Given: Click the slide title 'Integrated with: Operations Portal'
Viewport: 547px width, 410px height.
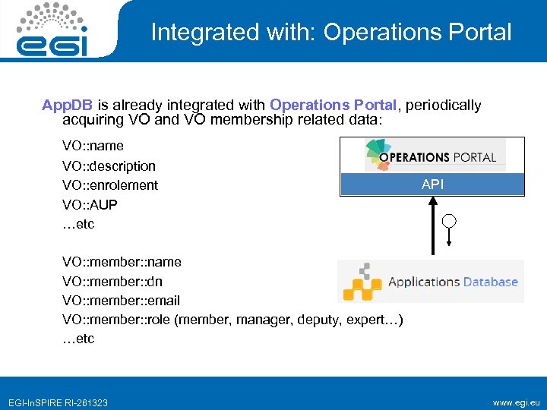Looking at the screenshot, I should pos(330,32).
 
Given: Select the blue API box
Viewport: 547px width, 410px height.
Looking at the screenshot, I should pos(432,184).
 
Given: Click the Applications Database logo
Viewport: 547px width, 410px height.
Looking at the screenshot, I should pos(431,282).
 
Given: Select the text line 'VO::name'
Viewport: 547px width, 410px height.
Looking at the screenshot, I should pos(93,146).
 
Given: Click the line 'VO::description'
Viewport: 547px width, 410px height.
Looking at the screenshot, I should pos(109,166).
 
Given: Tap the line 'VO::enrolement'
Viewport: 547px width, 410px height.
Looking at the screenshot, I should pos(110,185).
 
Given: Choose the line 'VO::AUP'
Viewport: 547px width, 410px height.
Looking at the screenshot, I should pos(90,205).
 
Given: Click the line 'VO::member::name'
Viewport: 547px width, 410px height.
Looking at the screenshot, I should pos(122,262).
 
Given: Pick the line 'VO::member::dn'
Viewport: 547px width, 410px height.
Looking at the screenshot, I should pos(112,282).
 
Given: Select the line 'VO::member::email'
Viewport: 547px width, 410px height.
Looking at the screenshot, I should pos(121,301).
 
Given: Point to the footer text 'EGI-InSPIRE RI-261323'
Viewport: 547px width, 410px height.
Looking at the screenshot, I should pos(58,402).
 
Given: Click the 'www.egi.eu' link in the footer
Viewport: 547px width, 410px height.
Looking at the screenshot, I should pos(517,402).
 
